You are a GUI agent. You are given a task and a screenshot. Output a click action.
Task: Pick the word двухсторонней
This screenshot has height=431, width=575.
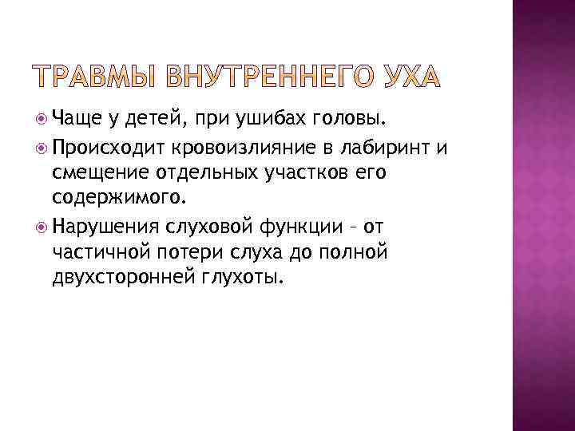[x=129, y=280]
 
